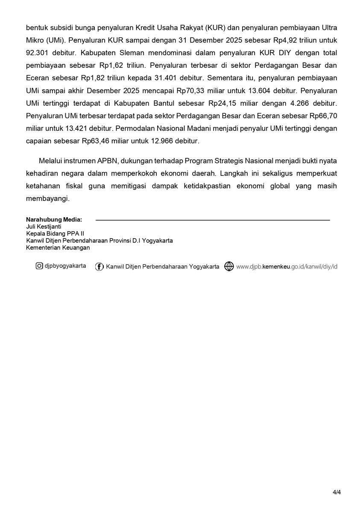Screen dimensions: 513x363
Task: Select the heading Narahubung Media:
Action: [54, 219]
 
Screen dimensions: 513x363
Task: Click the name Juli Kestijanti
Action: [44, 227]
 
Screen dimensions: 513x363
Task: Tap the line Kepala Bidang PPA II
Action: [55, 233]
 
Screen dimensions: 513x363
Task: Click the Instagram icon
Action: [39, 266]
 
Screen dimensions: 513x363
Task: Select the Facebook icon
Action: [100, 267]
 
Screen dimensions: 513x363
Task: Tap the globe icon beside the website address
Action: [229, 267]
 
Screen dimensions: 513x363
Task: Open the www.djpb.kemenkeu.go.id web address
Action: [287, 267]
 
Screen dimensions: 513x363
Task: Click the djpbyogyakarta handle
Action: [65, 266]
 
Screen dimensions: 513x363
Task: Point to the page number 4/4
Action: [337, 492]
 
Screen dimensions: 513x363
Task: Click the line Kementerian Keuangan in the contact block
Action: [58, 248]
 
